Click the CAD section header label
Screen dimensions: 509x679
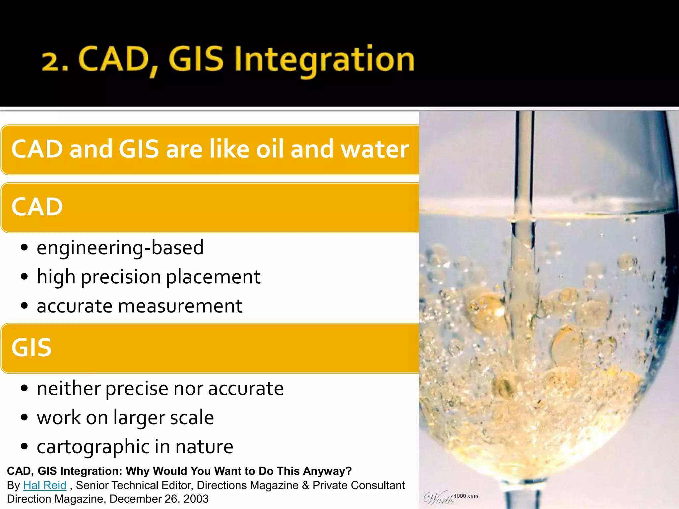tap(37, 207)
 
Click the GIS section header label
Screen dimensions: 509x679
tap(31, 348)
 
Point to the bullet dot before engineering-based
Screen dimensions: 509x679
tap(24, 248)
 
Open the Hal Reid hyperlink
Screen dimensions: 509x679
tap(45, 485)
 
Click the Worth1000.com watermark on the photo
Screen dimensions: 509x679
tap(451, 497)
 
